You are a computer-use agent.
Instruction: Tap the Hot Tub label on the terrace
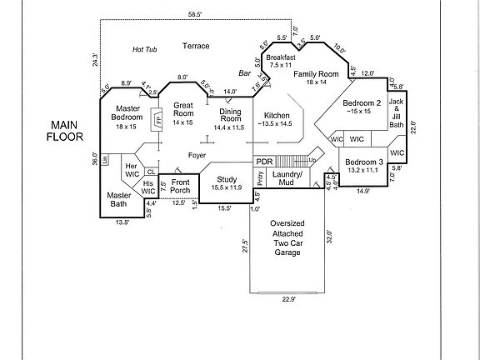coord(145,50)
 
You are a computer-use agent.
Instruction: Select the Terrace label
coord(197,45)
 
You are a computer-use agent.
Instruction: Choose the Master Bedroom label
coord(127,113)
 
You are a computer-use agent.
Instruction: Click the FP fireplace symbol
coord(157,119)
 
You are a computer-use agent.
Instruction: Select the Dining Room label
coord(230,116)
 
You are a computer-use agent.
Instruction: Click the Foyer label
coord(197,155)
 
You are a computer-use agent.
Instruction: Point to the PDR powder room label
coord(264,162)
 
